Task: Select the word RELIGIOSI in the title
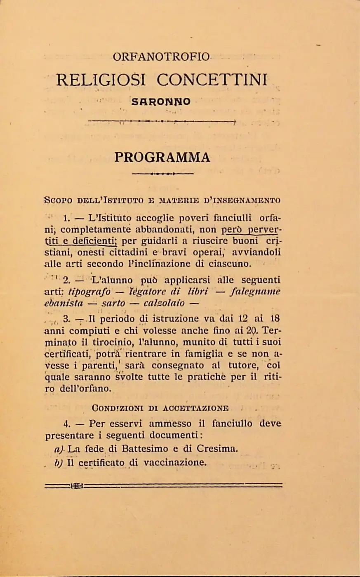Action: tap(101, 79)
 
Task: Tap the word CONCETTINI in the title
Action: tap(212, 79)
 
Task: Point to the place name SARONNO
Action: tap(161, 101)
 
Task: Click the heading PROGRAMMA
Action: tap(162, 157)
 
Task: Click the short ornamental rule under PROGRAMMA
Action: tap(162, 174)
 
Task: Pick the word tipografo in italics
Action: tap(89, 292)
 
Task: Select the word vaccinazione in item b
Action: tap(174, 462)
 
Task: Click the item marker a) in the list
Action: tap(59, 449)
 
